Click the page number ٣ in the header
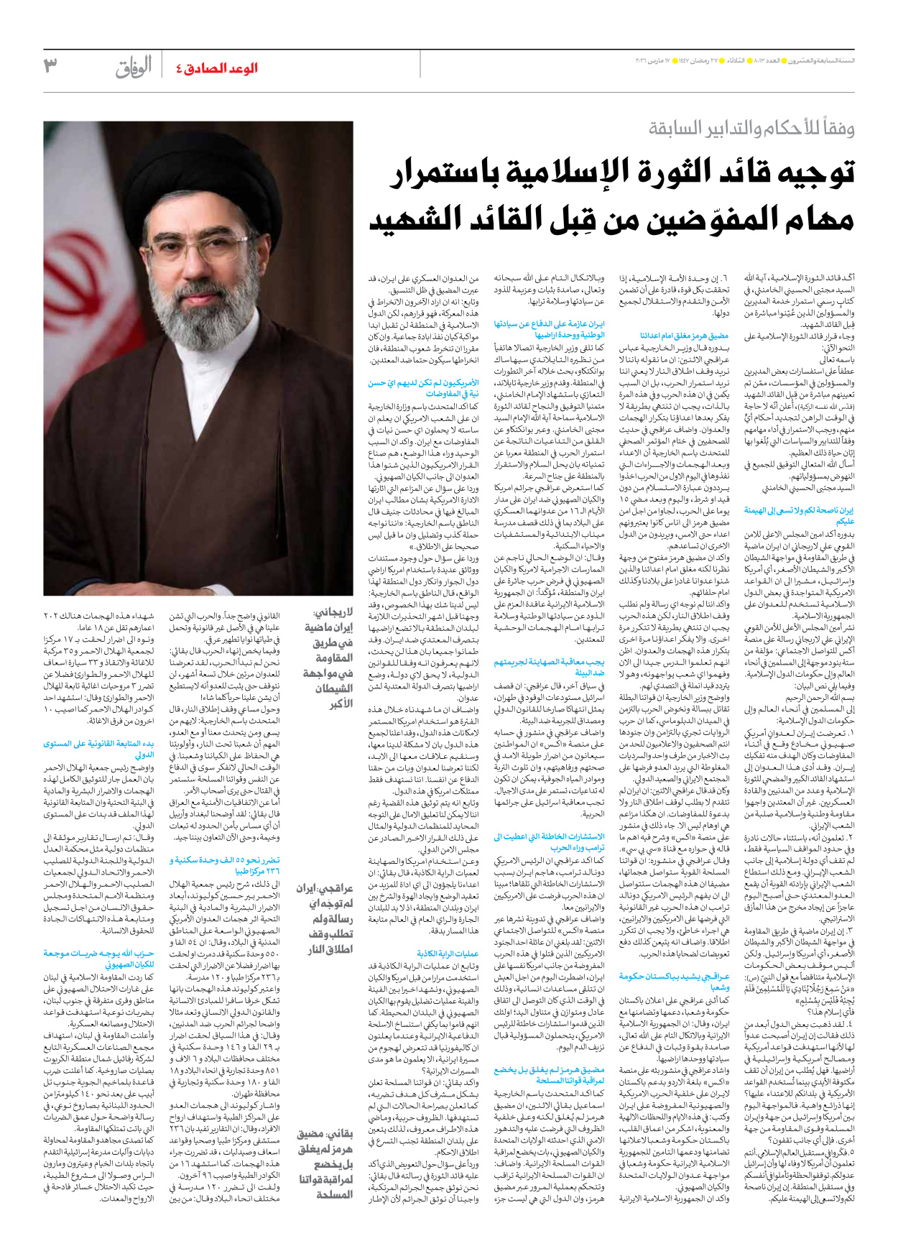pyautogui.click(x=50, y=66)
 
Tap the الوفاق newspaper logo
pyautogui.click(x=134, y=68)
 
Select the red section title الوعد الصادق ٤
pyautogui.click(x=216, y=68)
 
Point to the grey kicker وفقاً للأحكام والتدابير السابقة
pyautogui.click(x=751, y=129)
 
